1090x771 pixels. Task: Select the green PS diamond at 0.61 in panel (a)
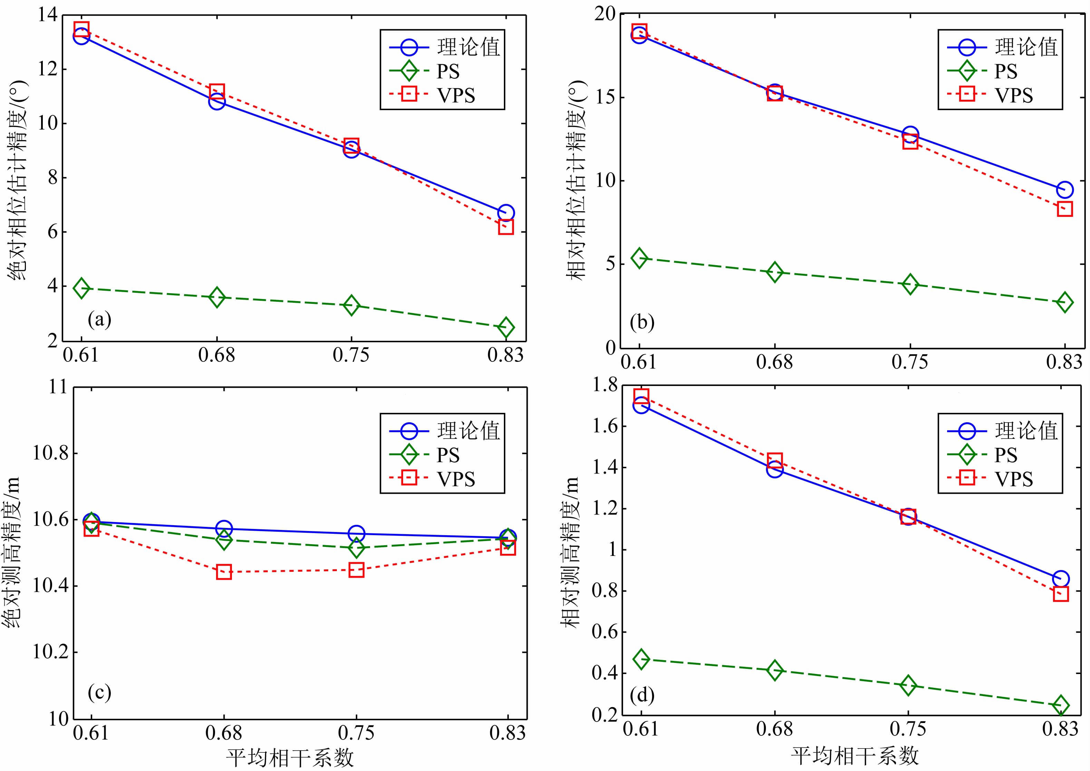pos(81,288)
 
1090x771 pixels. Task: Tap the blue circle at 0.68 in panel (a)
pos(216,101)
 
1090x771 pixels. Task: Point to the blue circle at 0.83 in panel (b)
pos(1065,190)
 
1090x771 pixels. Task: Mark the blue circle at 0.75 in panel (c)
pos(357,534)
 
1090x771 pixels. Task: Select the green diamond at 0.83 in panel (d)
pos(1061,705)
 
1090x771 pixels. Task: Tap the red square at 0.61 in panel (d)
pos(641,396)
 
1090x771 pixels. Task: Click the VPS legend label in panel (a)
pos(456,95)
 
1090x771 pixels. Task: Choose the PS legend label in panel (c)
pos(448,455)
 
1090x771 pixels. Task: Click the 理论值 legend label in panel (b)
pos(1026,47)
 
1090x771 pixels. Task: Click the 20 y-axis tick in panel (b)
pos(604,14)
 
